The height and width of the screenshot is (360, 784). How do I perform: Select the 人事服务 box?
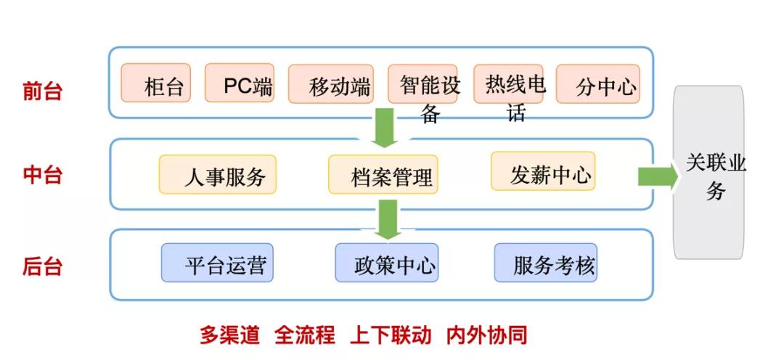[x=218, y=174]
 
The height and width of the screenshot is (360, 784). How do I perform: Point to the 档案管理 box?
[x=383, y=174]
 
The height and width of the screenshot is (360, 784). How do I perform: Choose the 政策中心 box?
[x=386, y=263]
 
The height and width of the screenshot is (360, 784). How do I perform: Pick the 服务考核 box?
[x=545, y=263]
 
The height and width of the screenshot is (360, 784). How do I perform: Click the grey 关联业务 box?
[x=709, y=173]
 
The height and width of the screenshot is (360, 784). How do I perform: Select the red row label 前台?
[x=42, y=91]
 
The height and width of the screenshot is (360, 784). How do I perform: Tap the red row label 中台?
[x=42, y=175]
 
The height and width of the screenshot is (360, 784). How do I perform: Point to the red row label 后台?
[x=42, y=266]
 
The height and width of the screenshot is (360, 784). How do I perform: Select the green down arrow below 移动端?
[x=383, y=127]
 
